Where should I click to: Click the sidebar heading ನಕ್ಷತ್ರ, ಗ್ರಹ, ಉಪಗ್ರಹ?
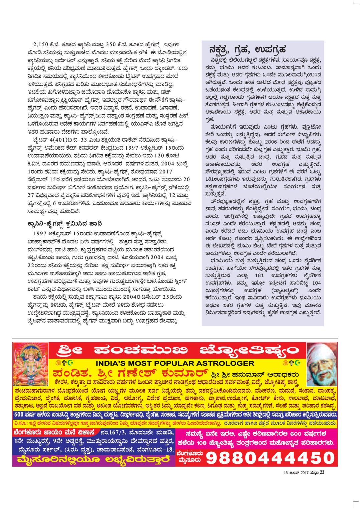tap(246, 50)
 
